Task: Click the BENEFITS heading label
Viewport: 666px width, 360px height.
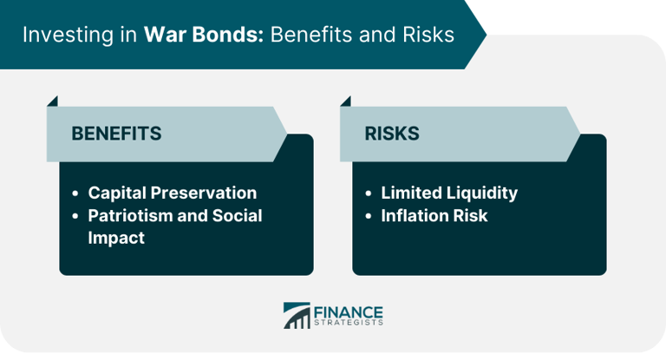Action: (x=115, y=134)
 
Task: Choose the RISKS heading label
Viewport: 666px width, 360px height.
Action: (x=391, y=134)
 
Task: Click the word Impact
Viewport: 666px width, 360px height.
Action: (x=116, y=238)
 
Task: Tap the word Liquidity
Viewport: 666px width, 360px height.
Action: (x=482, y=193)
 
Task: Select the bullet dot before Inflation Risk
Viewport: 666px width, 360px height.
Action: (x=369, y=216)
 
